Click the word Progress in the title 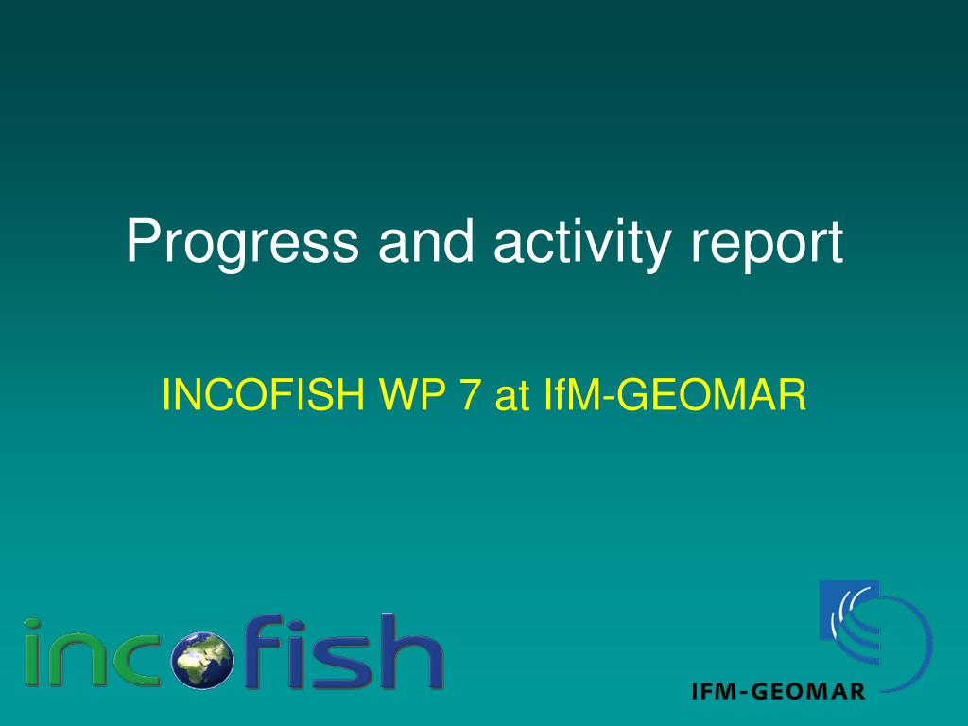242,244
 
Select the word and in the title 426,240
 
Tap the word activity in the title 582,244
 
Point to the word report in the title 767,245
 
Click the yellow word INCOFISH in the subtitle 263,394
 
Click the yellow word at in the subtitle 511,396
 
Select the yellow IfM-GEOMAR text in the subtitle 675,394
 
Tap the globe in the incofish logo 202,659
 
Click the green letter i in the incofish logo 33,652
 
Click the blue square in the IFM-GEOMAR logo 849,610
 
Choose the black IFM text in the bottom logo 714,691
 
